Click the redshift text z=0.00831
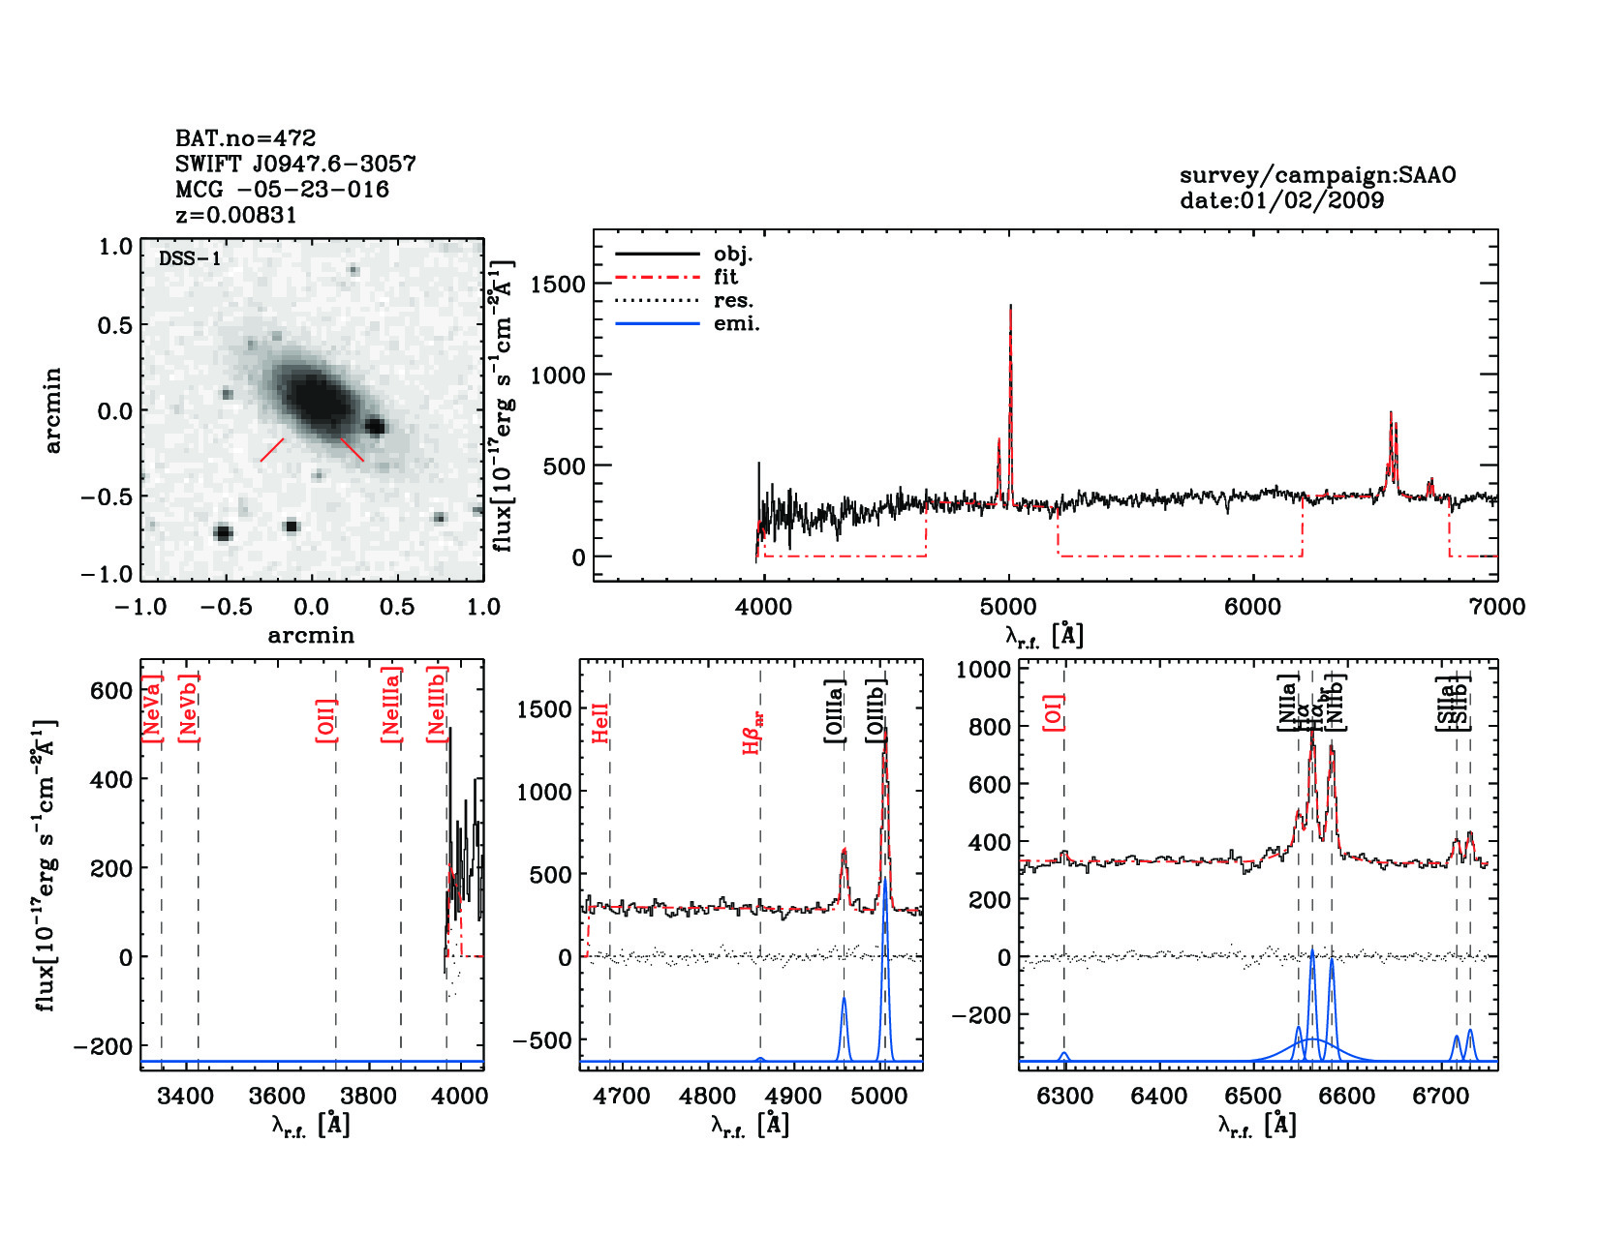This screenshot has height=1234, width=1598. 236,215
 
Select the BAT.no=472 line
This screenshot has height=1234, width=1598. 245,138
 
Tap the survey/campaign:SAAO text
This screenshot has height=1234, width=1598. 1317,175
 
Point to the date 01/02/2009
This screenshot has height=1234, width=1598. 1281,200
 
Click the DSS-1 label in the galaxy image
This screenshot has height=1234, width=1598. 190,258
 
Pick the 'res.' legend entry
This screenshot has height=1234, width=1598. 733,300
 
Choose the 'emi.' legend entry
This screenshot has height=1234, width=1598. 736,323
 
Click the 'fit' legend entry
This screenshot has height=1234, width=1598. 725,277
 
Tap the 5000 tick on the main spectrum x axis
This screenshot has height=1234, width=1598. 1008,607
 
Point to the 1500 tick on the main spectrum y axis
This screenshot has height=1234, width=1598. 558,284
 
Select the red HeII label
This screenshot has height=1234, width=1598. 601,723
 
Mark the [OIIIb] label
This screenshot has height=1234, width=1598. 876,711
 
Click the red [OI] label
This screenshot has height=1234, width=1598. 1055,712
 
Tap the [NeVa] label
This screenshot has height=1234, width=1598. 152,708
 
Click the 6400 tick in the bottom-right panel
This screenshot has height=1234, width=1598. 1158,1097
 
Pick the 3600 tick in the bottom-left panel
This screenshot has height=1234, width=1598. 277,1097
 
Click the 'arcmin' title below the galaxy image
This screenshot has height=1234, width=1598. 311,636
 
